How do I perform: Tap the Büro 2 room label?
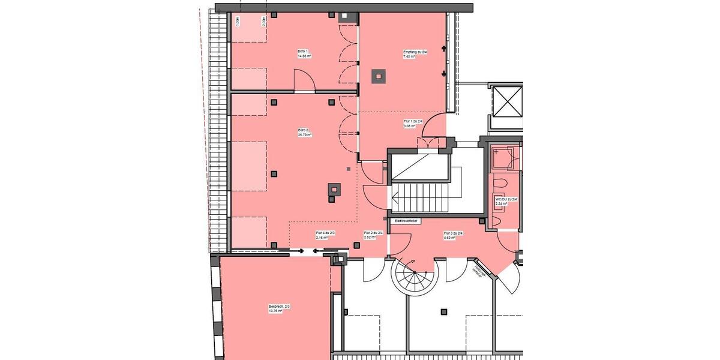point(303,130)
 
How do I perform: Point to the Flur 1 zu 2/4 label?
point(413,121)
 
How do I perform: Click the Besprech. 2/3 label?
point(279,307)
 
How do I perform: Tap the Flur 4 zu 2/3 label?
point(325,233)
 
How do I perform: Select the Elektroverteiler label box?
point(406,221)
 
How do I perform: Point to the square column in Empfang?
point(378,76)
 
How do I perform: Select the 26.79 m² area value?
point(303,135)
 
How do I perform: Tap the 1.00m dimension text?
point(238,21)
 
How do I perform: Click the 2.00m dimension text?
point(263,21)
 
